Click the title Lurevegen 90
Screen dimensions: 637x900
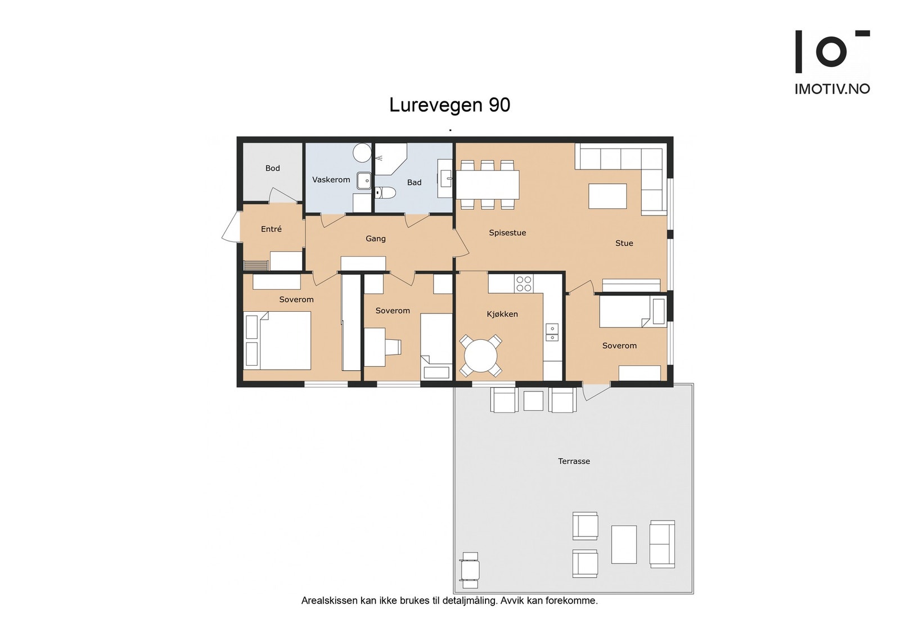coord(449,105)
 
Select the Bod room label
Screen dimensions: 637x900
coord(272,168)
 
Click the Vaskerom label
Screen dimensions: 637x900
coord(331,180)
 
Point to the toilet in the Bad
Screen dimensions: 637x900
coord(385,193)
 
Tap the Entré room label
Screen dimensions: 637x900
coord(271,229)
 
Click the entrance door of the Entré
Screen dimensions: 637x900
coord(231,228)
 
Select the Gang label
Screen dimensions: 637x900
coord(375,239)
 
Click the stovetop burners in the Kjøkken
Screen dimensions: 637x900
coord(524,284)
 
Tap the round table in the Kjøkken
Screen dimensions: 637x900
coord(480,356)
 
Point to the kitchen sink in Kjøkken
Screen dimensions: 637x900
coord(552,333)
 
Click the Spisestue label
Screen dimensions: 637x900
coord(507,233)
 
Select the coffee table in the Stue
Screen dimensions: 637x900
coord(607,196)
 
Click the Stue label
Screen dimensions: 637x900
coord(624,243)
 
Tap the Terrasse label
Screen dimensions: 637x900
coord(574,461)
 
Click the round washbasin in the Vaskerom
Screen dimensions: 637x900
coord(362,152)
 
